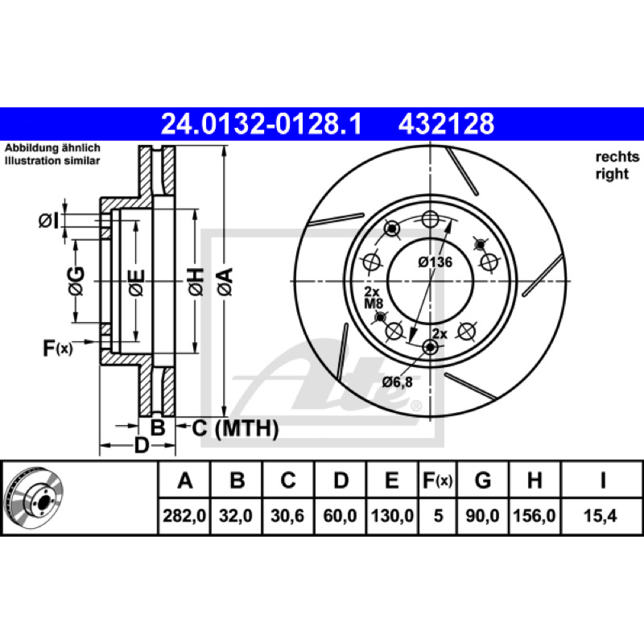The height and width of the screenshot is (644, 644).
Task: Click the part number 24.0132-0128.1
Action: click(x=261, y=124)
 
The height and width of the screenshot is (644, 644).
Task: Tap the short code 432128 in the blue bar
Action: click(x=447, y=124)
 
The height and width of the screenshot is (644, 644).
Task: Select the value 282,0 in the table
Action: click(x=184, y=515)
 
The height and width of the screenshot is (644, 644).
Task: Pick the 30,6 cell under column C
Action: click(x=287, y=515)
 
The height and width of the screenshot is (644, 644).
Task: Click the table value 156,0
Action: click(x=535, y=515)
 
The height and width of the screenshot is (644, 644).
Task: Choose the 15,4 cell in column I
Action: click(x=600, y=515)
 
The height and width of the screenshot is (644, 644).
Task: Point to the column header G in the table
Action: click(x=482, y=480)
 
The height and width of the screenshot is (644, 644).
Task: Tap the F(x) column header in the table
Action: click(x=438, y=480)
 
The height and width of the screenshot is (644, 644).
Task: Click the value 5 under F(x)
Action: click(x=438, y=515)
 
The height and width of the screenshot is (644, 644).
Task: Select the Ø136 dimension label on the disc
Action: click(x=436, y=262)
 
